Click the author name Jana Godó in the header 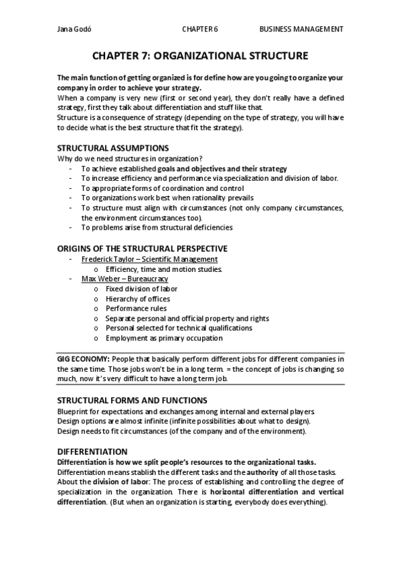coord(73,29)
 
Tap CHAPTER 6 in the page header coord(200,29)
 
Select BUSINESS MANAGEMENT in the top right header coord(301,29)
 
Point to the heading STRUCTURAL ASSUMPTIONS coord(112,147)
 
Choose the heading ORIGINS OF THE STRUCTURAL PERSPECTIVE coord(142,248)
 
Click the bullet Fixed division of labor coord(141,289)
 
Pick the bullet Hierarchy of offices coord(138,299)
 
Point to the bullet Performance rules coord(137,309)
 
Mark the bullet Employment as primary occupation coord(163,338)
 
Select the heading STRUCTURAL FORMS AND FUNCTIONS coord(132,400)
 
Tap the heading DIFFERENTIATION coord(92,451)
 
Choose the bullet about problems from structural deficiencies coord(157,228)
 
